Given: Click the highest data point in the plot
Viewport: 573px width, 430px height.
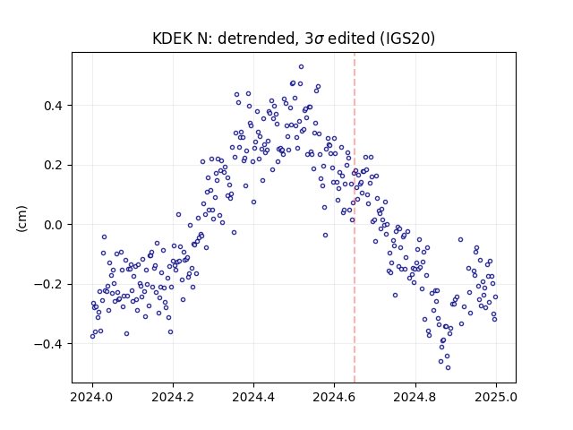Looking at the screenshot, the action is [301, 67].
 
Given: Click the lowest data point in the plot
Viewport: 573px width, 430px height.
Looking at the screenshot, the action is [448, 367].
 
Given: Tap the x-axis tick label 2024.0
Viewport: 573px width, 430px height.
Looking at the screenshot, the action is [92, 397].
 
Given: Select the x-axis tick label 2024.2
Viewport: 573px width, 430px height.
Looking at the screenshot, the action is [173, 397].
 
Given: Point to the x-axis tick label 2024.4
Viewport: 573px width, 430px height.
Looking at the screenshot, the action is [253, 397].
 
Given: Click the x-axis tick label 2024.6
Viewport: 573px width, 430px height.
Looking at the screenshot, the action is [334, 397].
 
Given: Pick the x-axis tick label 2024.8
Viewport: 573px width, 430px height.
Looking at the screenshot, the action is [415, 397].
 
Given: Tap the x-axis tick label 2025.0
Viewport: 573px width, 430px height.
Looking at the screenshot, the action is [496, 397].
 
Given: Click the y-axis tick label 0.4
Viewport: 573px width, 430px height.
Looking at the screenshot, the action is [53, 106].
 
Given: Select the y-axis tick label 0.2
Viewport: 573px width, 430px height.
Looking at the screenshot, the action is [53, 165].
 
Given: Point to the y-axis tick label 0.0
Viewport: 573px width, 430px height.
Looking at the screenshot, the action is [53, 225].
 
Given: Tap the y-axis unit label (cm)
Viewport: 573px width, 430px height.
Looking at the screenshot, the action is [21, 219].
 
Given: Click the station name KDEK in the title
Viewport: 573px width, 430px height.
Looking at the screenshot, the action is [172, 39].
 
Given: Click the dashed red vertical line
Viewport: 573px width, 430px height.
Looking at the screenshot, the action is [355, 218].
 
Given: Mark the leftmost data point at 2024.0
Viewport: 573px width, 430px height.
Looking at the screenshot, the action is [92, 337].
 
